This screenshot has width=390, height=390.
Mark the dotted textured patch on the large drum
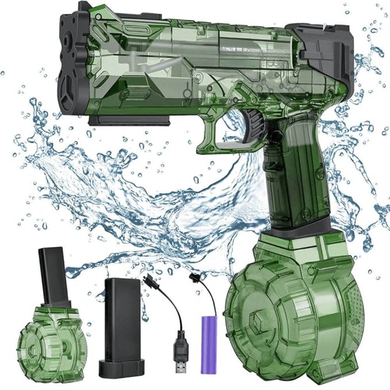point(353,304)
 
